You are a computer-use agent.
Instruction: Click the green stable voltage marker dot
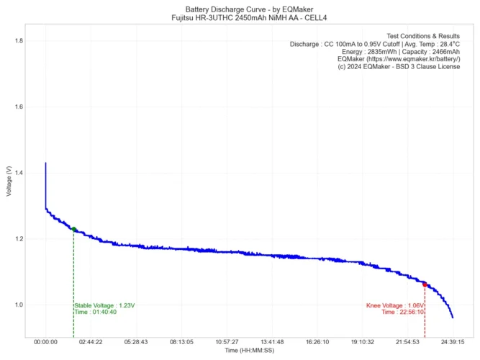point(73,229)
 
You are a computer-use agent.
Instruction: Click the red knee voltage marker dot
point(425,284)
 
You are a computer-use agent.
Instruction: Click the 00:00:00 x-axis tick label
point(45,342)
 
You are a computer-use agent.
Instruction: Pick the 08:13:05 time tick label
point(181,342)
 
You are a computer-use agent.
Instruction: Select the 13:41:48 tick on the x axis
point(272,342)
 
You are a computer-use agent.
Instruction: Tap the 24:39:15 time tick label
point(453,342)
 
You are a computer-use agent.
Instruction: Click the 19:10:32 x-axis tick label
point(363,342)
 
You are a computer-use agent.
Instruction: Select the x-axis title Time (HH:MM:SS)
point(249,351)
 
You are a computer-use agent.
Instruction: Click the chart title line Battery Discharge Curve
point(240,9)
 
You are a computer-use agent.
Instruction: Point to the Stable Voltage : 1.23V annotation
point(104,305)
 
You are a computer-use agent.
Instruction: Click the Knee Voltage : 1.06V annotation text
point(395,305)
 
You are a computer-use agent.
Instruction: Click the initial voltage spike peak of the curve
point(45,163)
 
